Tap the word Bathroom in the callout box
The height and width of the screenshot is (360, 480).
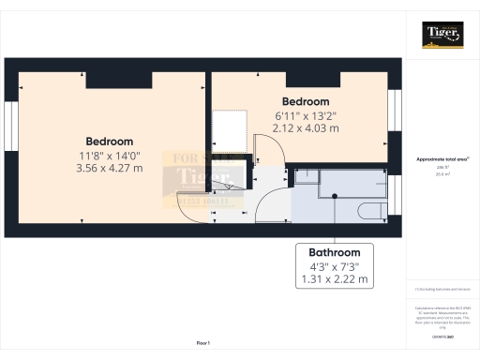click(335, 252)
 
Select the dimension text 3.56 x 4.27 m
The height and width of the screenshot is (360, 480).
click(109, 168)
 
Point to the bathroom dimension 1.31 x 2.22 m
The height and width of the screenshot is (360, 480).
click(335, 280)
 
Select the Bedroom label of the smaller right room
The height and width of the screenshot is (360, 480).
click(306, 101)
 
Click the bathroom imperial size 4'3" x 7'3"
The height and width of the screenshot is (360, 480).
click(335, 266)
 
